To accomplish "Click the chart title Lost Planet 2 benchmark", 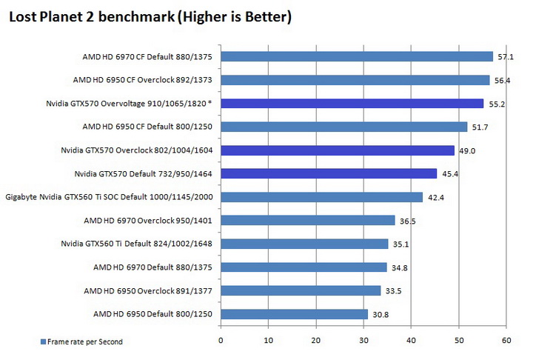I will [x=149, y=16].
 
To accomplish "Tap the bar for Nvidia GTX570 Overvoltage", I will [x=352, y=104].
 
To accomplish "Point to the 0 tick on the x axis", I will [x=221, y=341].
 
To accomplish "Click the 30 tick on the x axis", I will [x=363, y=341].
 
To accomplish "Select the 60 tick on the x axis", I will [x=506, y=341].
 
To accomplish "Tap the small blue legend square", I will [x=44, y=341].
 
